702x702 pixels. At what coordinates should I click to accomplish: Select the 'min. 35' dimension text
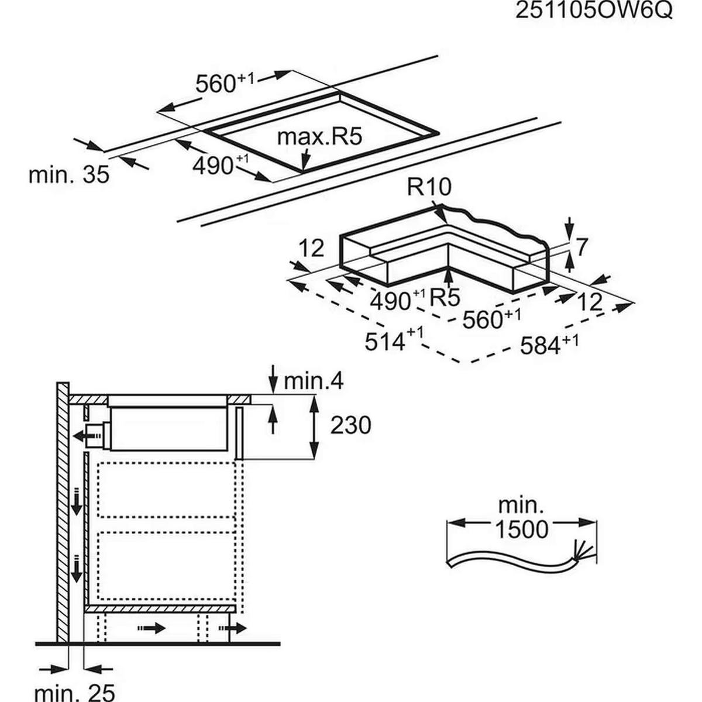(x=69, y=174)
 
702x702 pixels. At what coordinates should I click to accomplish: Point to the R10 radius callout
(x=429, y=188)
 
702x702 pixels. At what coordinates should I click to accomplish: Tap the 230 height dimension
(x=350, y=425)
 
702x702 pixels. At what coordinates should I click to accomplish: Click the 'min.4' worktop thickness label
(x=313, y=381)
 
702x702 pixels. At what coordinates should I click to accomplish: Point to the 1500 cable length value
(x=522, y=529)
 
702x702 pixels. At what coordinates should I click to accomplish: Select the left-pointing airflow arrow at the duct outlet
(x=80, y=436)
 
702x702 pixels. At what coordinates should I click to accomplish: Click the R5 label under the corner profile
(x=445, y=298)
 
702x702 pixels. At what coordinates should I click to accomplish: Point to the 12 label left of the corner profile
(x=313, y=248)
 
